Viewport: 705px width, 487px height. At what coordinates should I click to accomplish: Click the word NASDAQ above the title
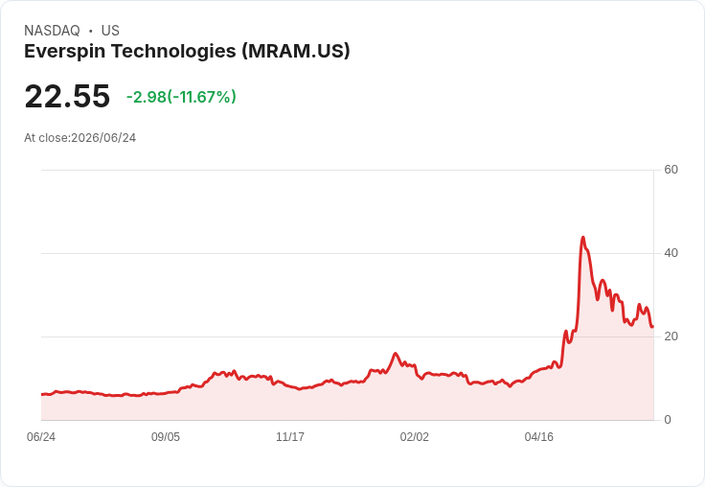(52, 31)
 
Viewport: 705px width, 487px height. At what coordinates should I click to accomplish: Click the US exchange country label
(110, 31)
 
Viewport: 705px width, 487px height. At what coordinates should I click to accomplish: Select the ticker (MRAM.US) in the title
(296, 52)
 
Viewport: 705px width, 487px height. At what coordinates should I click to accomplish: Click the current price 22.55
(67, 96)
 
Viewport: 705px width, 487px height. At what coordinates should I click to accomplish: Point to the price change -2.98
(147, 97)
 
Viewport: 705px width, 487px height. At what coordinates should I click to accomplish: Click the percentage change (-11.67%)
(201, 97)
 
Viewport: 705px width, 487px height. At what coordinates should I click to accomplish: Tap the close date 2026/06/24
(103, 138)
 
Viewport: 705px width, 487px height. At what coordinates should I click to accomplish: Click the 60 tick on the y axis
(671, 170)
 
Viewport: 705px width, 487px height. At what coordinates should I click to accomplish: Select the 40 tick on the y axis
(671, 253)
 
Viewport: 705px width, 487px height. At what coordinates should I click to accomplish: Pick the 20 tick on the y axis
(671, 336)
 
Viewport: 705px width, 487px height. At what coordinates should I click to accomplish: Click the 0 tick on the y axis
(668, 420)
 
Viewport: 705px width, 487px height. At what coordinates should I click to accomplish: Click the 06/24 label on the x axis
(41, 437)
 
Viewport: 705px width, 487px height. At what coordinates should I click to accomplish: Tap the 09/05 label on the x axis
(166, 437)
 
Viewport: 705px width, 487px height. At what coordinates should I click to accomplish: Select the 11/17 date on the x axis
(290, 437)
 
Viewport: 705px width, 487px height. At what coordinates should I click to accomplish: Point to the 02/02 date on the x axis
(414, 437)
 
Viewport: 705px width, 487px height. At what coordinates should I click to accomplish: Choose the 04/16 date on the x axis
(538, 437)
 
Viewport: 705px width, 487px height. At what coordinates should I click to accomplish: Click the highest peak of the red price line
(583, 237)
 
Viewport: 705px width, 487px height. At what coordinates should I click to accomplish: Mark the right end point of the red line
(653, 327)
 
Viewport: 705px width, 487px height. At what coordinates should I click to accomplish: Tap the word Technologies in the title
(174, 52)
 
